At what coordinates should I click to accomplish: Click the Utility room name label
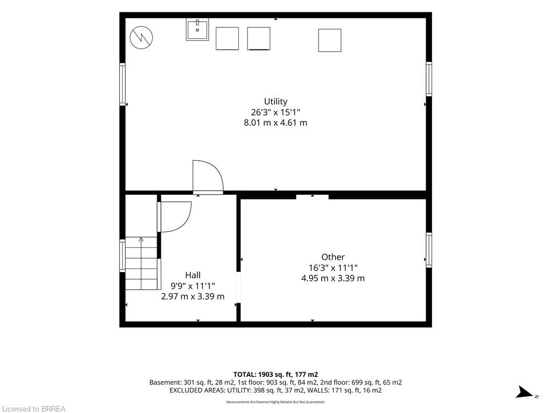pyautogui.click(x=275, y=102)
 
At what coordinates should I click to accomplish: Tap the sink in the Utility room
pyautogui.click(x=197, y=30)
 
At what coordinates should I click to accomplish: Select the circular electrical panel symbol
pyautogui.click(x=142, y=37)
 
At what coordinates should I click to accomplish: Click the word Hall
pyautogui.click(x=193, y=275)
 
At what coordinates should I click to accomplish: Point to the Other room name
pyautogui.click(x=333, y=257)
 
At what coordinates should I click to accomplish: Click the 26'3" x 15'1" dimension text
pyautogui.click(x=275, y=112)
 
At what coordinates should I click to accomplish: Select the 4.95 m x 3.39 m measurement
pyautogui.click(x=333, y=279)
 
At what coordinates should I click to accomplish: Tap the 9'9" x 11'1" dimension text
pyautogui.click(x=193, y=286)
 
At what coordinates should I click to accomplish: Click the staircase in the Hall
pyautogui.click(x=142, y=264)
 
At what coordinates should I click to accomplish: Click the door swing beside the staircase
pyautogui.click(x=174, y=217)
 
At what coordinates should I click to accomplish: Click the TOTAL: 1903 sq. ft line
pyautogui.click(x=275, y=375)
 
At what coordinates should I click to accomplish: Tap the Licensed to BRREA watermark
pyautogui.click(x=34, y=409)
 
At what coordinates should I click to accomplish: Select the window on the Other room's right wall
pyautogui.click(x=429, y=250)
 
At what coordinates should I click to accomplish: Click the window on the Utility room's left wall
pyautogui.click(x=122, y=84)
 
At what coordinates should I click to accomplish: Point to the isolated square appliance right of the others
pyautogui.click(x=330, y=40)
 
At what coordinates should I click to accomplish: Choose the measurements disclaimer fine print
pyautogui.click(x=275, y=402)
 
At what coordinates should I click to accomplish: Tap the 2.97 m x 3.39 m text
pyautogui.click(x=193, y=296)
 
